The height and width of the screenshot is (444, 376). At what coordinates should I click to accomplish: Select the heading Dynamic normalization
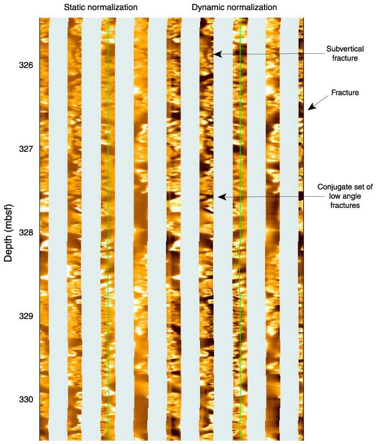[x=234, y=7]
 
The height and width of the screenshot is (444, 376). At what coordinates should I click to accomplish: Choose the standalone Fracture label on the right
[x=342, y=92]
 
